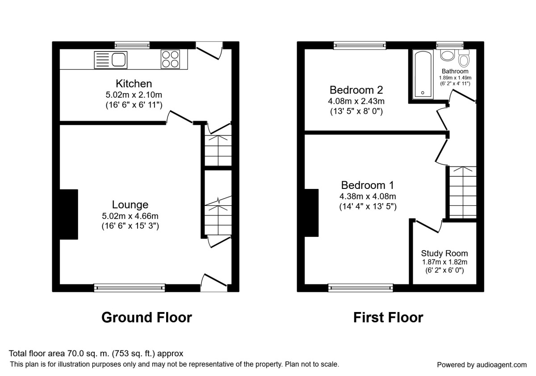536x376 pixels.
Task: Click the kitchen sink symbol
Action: tap(111, 60)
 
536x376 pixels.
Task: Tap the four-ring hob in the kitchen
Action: tap(170, 59)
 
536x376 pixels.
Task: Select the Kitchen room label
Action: tap(134, 84)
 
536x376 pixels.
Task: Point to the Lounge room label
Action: tap(130, 205)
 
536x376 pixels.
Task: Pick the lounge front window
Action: tap(130, 288)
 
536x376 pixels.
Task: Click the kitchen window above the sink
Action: tap(132, 45)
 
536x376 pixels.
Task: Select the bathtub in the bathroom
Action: tap(423, 74)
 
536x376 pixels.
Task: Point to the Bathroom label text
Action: tap(455, 71)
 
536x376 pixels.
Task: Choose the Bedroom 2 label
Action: tap(356, 90)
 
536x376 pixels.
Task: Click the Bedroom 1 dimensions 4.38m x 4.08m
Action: tap(368, 196)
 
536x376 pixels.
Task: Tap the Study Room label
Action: tap(444, 253)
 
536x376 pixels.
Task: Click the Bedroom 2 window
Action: tap(360, 45)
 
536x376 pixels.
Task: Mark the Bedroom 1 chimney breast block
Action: tap(311, 213)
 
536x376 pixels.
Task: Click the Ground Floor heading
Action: tap(147, 317)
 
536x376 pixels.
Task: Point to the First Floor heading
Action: tap(388, 317)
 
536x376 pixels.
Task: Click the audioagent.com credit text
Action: tap(482, 364)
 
